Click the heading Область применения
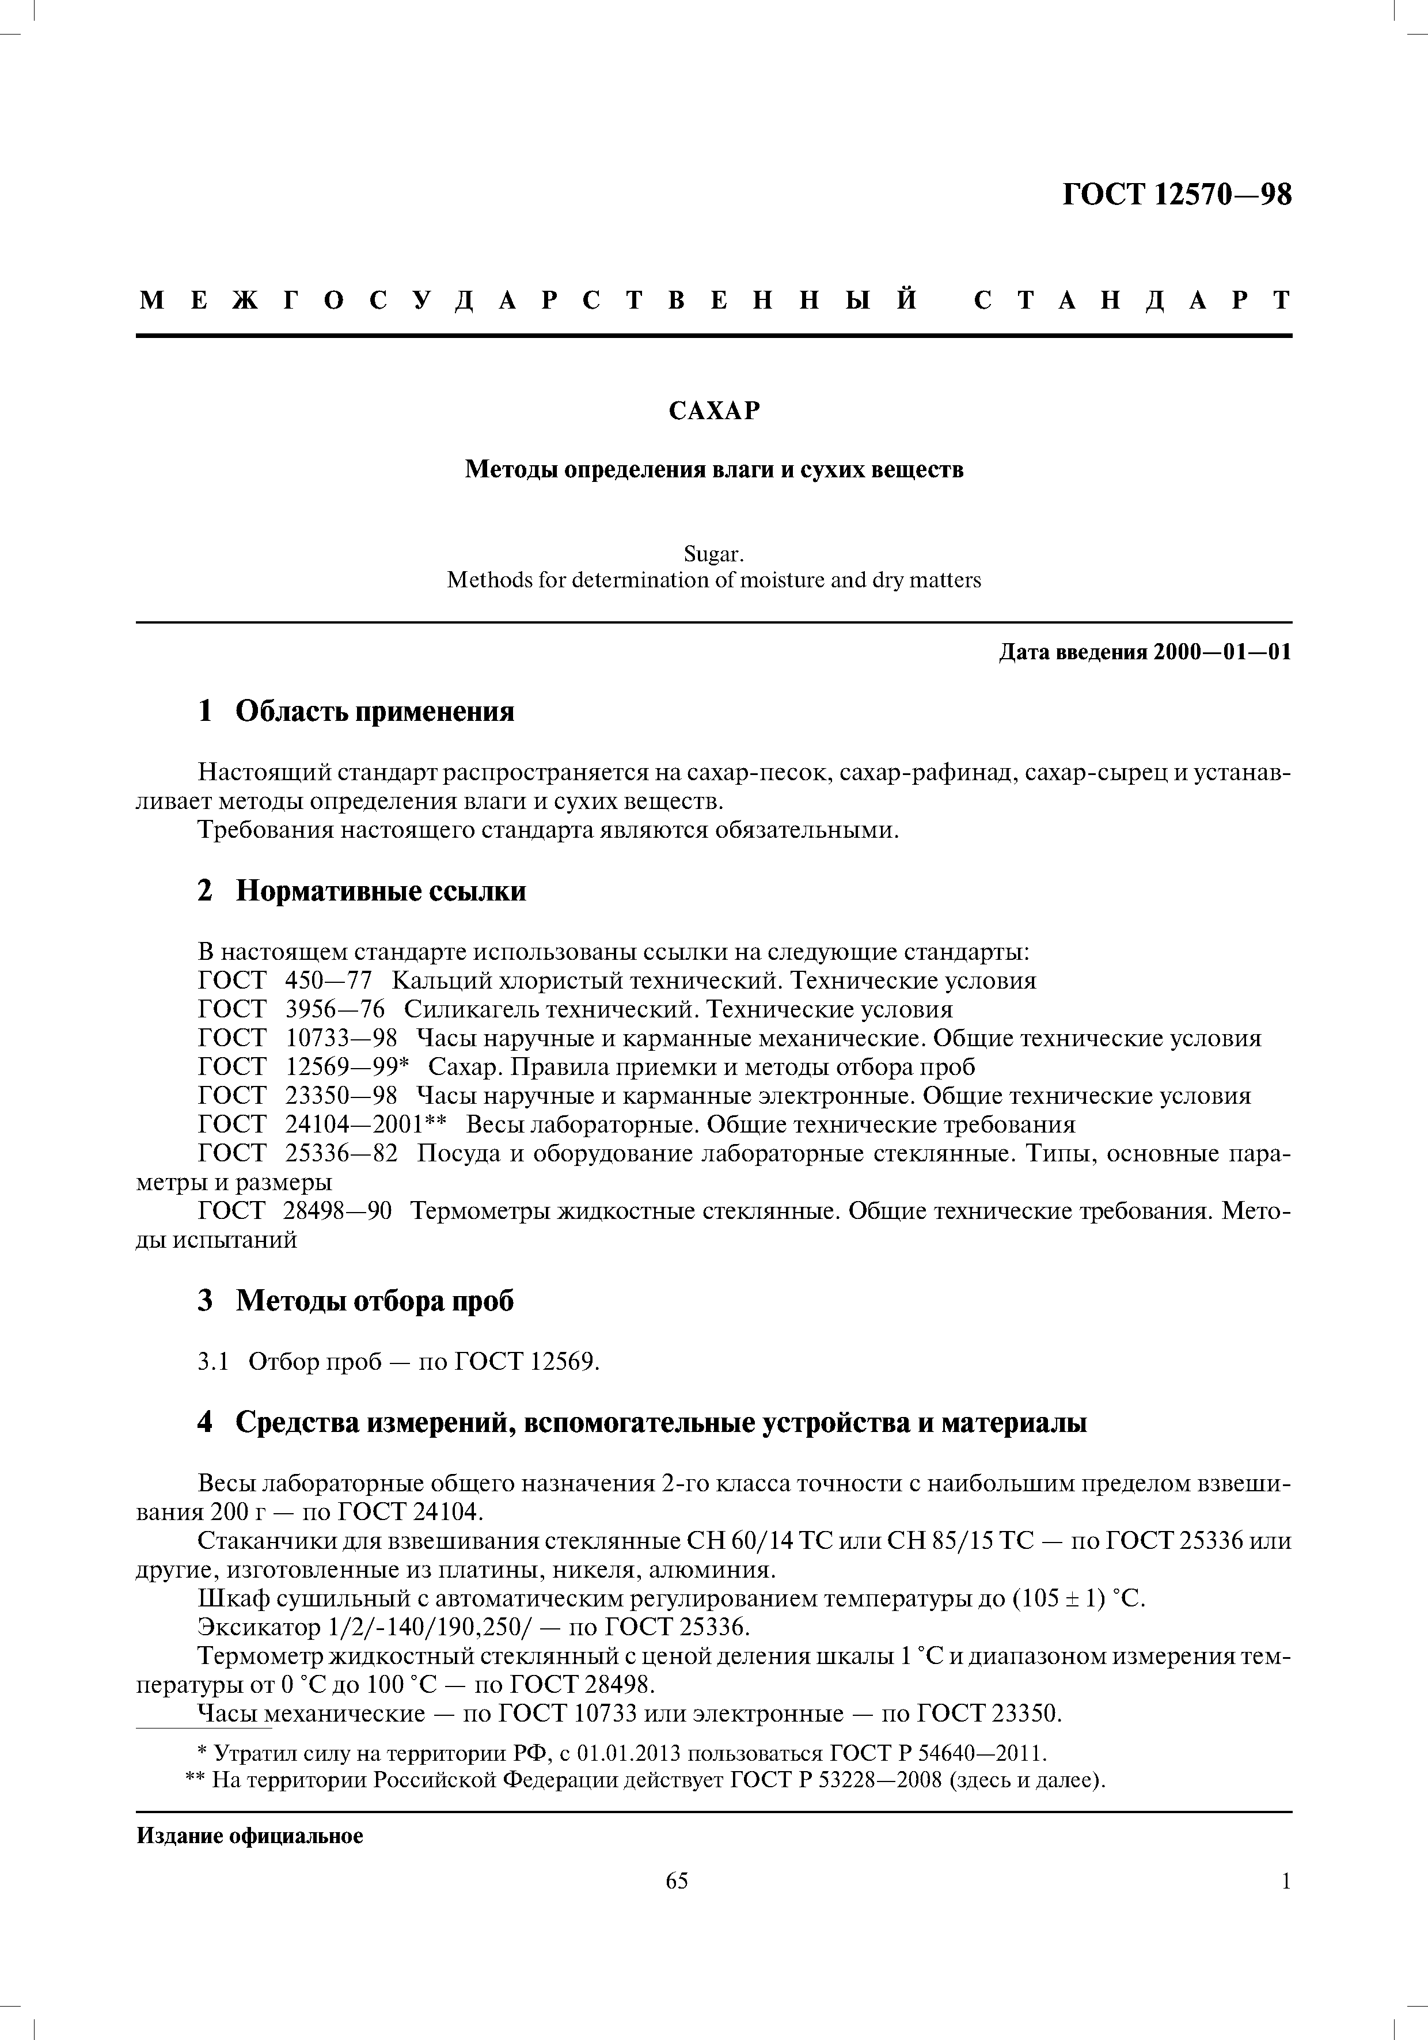click(x=374, y=711)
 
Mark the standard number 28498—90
click(x=337, y=1211)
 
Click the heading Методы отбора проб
click(x=374, y=1301)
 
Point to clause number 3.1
click(x=213, y=1361)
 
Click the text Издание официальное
click(x=250, y=1836)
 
